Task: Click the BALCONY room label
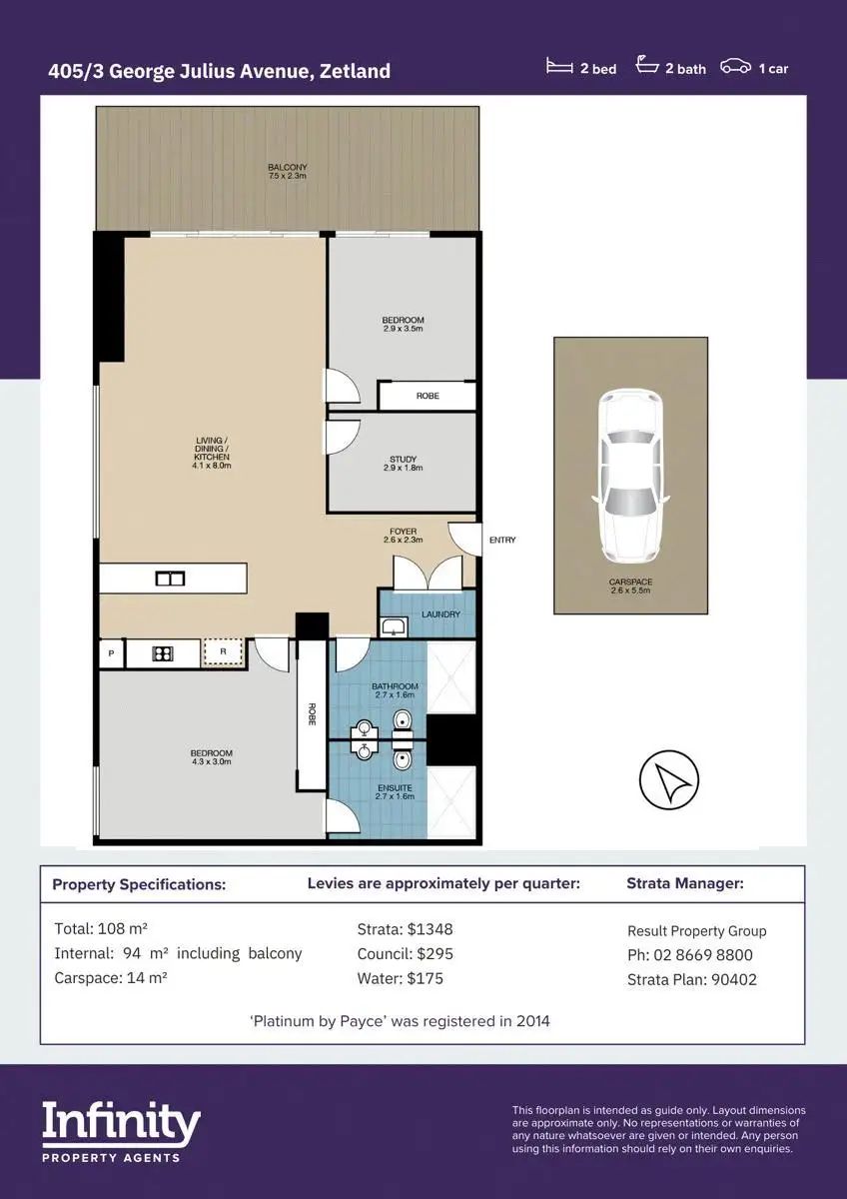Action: click(288, 167)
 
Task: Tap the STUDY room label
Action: click(403, 460)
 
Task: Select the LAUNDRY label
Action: click(440, 613)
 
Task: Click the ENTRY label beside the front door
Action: click(502, 541)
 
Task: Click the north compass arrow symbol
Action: click(669, 779)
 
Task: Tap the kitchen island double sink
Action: click(170, 579)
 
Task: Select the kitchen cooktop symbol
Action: click(163, 653)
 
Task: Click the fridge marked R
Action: click(223, 651)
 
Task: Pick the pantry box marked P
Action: click(111, 653)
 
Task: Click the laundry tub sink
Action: click(394, 626)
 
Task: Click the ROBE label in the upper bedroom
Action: click(427, 396)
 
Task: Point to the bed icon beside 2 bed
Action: click(559, 66)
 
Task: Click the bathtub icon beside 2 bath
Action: click(647, 64)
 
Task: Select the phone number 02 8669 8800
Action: click(703, 955)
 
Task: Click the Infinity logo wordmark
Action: click(122, 1122)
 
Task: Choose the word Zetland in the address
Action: click(355, 71)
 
